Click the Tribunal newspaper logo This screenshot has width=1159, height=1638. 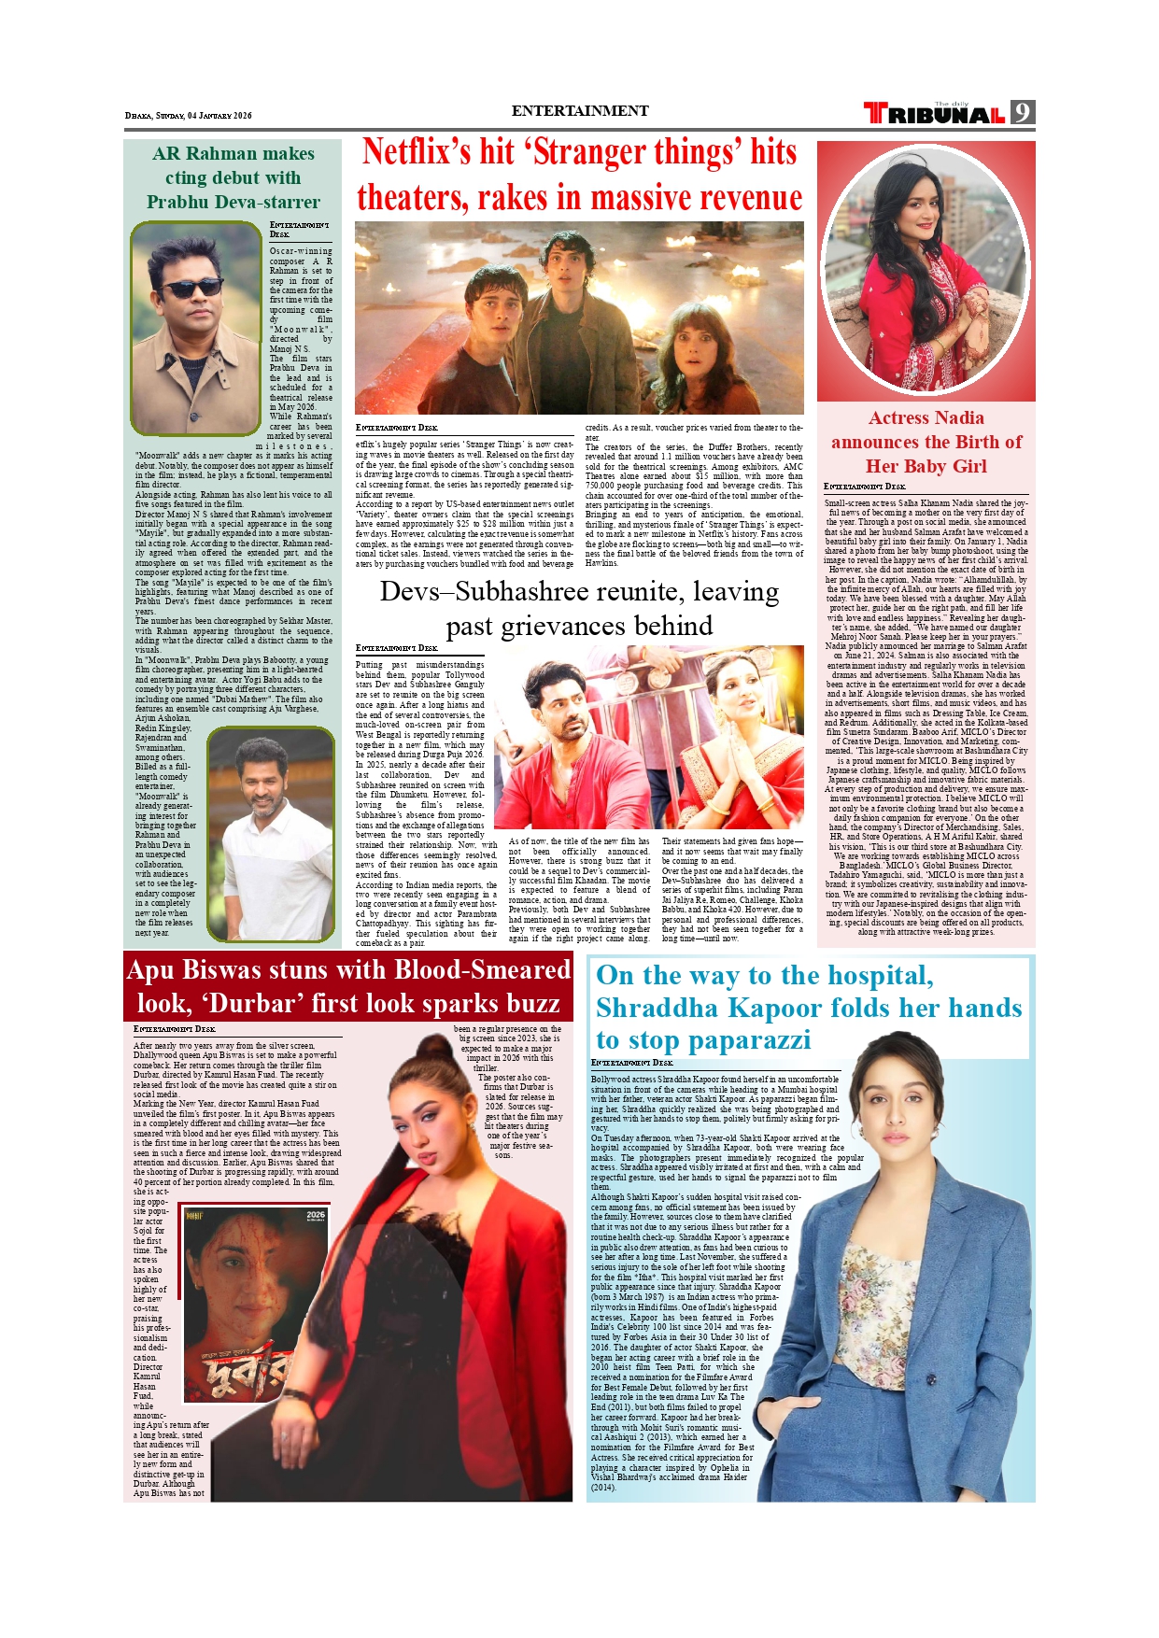pos(934,114)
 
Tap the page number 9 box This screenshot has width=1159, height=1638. pos(1023,113)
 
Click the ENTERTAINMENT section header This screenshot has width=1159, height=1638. pos(579,111)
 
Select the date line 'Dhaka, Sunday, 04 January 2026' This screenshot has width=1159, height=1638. pos(189,116)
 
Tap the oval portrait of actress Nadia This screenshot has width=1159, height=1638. pos(925,271)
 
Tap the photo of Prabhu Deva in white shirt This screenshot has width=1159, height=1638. pos(271,833)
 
